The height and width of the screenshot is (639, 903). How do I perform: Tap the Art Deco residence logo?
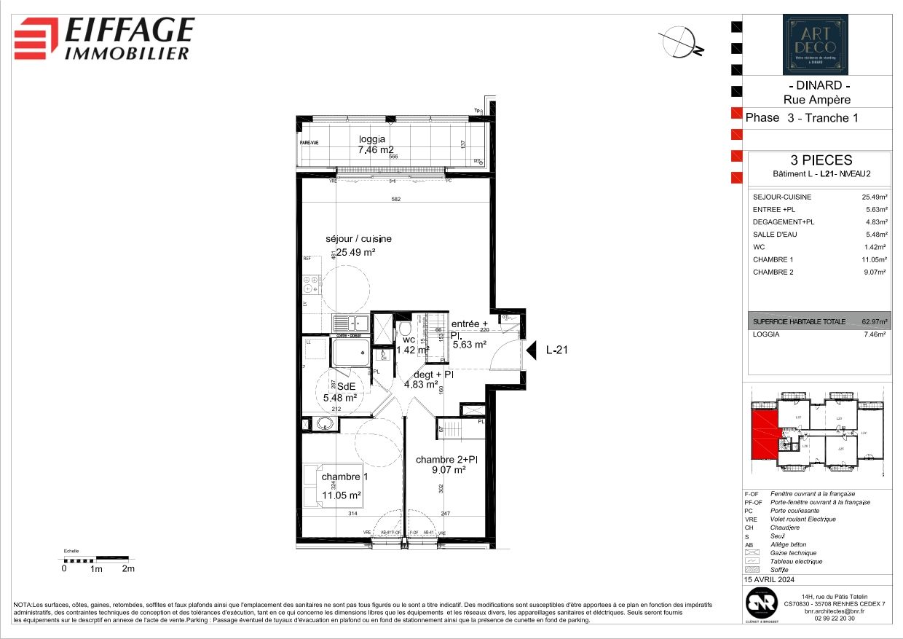pos(815,44)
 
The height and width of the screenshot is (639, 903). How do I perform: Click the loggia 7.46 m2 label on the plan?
pos(371,145)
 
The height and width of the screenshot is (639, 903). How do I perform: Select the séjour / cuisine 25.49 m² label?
pos(358,246)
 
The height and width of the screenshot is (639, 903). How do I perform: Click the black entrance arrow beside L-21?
pos(532,350)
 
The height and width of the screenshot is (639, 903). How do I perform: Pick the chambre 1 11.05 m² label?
pos(342,486)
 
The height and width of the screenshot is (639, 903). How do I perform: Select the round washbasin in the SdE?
pos(325,425)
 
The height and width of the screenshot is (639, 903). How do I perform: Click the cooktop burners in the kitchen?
pos(311,280)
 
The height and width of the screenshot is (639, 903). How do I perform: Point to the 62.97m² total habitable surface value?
pos(873,321)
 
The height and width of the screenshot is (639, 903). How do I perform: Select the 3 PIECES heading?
pos(821,160)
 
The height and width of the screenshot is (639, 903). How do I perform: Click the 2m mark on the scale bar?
pos(128,569)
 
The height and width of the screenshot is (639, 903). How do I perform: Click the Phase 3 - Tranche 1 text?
pos(797,118)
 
